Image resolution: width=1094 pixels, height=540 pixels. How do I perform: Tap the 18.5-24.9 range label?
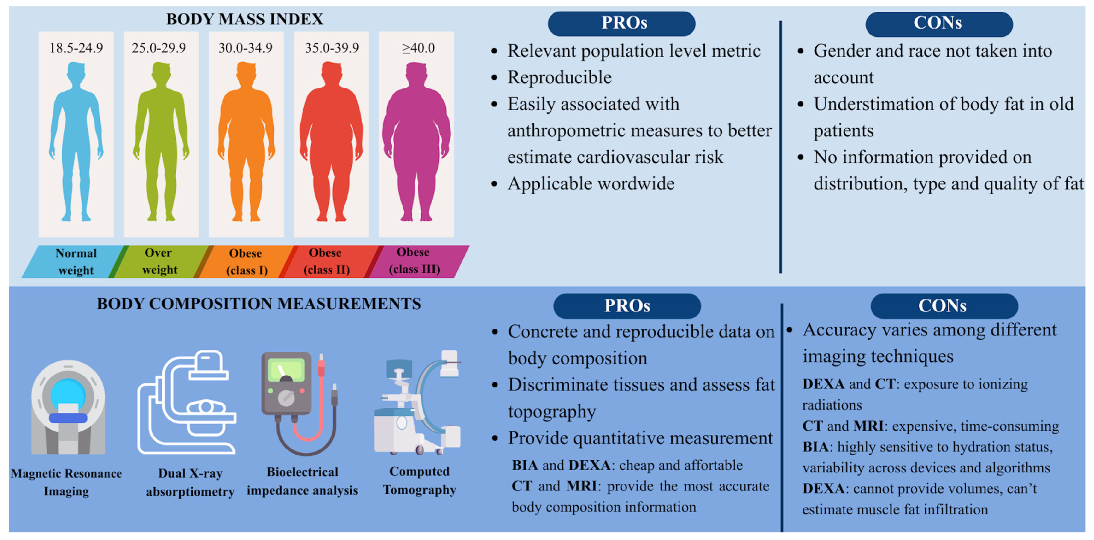76,48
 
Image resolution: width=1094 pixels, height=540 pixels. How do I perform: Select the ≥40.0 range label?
418,48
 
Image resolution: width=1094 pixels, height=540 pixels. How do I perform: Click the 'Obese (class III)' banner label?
414,261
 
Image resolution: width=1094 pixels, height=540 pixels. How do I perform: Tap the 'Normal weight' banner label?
76,261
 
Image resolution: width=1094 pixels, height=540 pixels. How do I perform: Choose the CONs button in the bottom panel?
944,306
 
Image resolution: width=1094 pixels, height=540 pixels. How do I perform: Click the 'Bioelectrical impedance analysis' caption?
302,481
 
